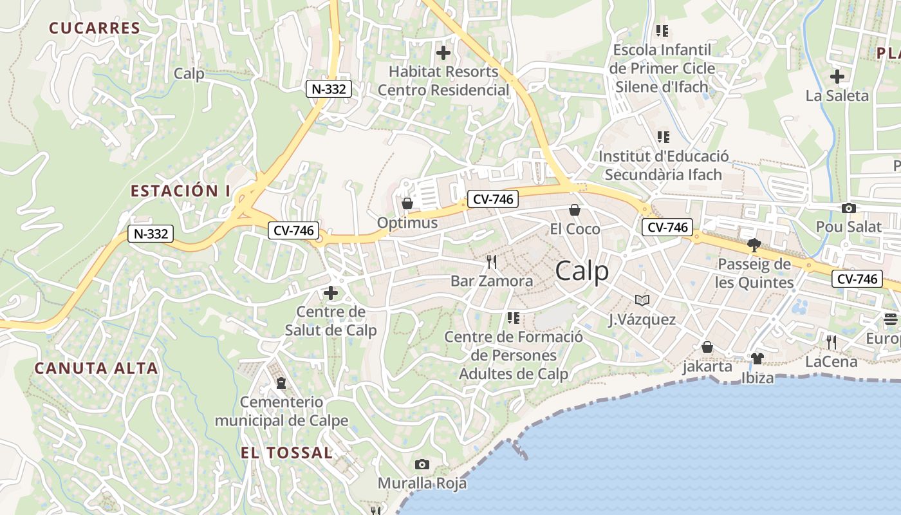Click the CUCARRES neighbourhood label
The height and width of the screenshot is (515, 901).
tap(95, 28)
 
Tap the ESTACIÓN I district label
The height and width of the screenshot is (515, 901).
tap(180, 191)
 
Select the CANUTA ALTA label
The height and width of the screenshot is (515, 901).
tap(96, 368)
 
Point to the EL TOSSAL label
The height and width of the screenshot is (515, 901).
tap(286, 453)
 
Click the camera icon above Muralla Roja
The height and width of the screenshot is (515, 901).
tap(422, 464)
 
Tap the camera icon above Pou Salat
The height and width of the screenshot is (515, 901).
tap(849, 208)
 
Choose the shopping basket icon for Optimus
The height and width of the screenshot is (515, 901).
tap(407, 204)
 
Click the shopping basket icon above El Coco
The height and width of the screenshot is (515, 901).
tap(575, 210)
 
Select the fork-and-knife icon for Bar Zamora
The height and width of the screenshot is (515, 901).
tap(492, 262)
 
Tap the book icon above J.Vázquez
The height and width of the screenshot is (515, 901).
tap(642, 300)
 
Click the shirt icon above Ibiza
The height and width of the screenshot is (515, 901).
tap(757, 358)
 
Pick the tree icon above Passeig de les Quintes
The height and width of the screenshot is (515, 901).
tap(754, 245)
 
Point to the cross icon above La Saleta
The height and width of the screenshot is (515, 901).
tap(837, 77)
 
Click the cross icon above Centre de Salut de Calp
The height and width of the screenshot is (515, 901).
tap(330, 293)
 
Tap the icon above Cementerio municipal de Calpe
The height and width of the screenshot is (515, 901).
tap(281, 383)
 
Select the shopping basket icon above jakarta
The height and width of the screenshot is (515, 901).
tap(707, 348)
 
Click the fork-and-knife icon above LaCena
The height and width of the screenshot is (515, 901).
tap(831, 342)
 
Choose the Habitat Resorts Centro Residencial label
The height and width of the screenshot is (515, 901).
tap(443, 80)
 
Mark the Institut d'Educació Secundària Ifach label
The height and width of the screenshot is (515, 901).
tap(664, 165)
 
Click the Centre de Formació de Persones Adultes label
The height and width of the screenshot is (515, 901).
tap(514, 355)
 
